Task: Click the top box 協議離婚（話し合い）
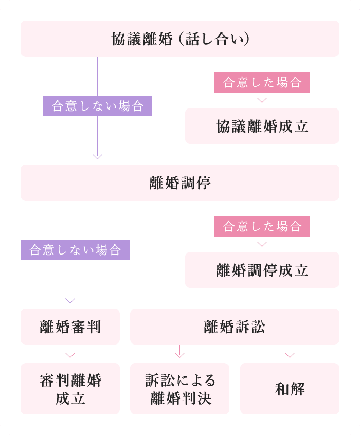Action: coord(180,39)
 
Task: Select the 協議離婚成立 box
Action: coord(262,126)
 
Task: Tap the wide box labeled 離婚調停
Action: coord(180,183)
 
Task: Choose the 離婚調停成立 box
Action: coord(262,270)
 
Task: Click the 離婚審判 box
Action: coord(70,327)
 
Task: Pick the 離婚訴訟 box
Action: coord(235,327)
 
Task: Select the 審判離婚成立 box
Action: coord(70,389)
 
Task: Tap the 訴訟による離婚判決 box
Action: coord(179,389)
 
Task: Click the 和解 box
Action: coord(290,389)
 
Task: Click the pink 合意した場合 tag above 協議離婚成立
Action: coord(262,82)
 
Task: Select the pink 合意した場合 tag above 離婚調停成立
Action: coord(262,226)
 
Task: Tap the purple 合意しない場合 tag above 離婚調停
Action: coord(98,106)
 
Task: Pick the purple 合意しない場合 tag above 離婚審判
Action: coord(75,250)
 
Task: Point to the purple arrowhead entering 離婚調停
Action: coord(98,156)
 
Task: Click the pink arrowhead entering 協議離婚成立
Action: coord(262,99)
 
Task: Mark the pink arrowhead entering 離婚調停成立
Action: coord(262,243)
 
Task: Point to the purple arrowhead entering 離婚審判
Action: coord(70,300)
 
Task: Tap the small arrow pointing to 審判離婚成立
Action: coord(70,354)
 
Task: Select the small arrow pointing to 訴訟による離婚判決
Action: coord(179,354)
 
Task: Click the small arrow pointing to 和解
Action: coord(290,354)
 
